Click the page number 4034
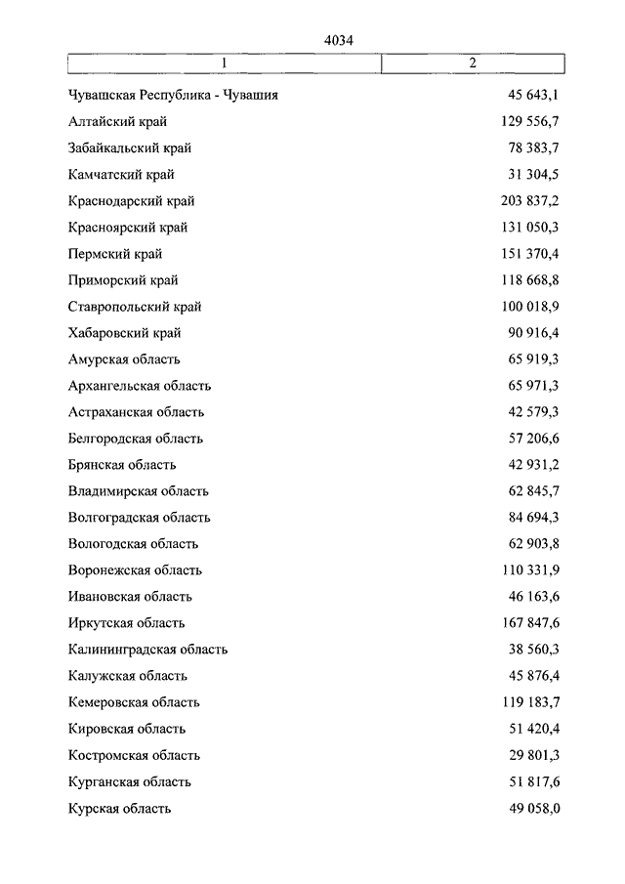point(338,40)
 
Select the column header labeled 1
point(224,63)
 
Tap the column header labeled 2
point(472,63)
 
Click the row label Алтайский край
point(118,122)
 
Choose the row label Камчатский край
point(122,175)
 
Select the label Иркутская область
point(127,623)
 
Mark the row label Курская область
point(120,808)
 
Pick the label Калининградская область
point(148,650)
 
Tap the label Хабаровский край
point(125,333)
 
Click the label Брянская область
point(122,465)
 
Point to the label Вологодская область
point(134,544)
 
